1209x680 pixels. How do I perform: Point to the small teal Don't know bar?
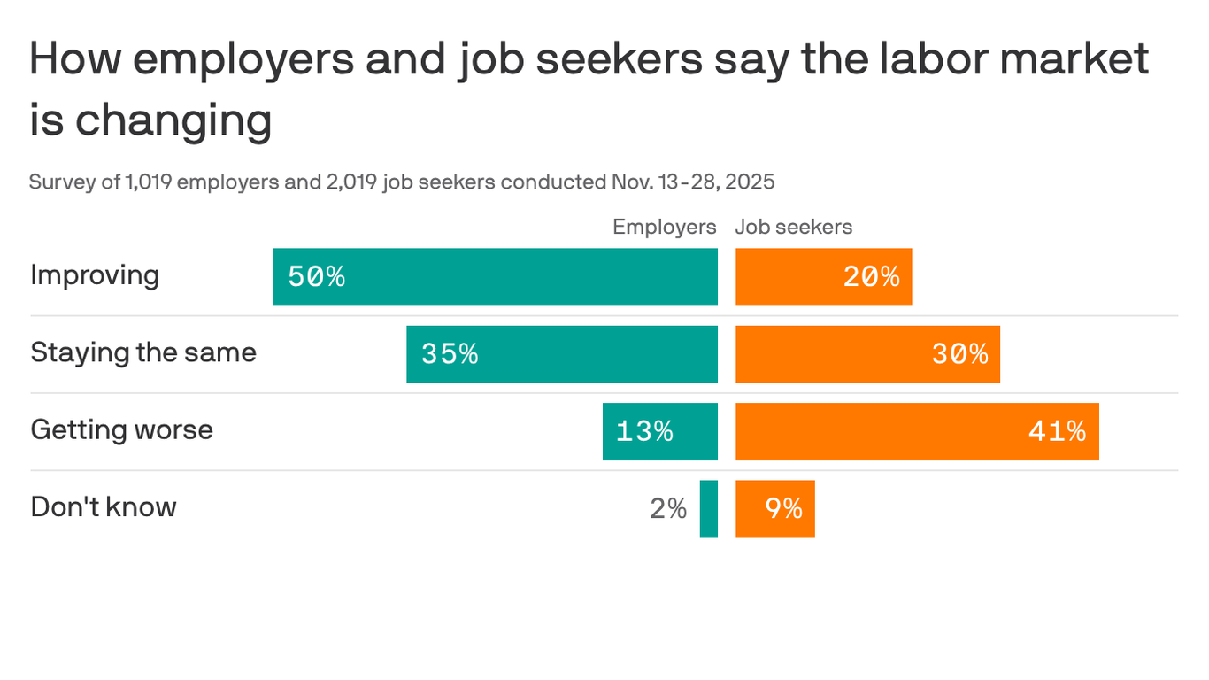[x=708, y=509]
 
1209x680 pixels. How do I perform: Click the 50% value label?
[x=316, y=277]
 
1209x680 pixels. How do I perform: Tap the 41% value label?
[x=1057, y=431]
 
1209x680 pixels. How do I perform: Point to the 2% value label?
[x=668, y=509]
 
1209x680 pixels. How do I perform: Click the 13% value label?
[x=644, y=431]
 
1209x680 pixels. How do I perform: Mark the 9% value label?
[x=783, y=509]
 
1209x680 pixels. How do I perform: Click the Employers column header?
[x=664, y=227]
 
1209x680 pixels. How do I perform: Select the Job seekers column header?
[x=793, y=227]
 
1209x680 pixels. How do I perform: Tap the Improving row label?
[x=95, y=275]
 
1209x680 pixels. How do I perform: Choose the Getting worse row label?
[x=121, y=430]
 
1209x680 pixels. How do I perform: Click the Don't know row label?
[x=104, y=507]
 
